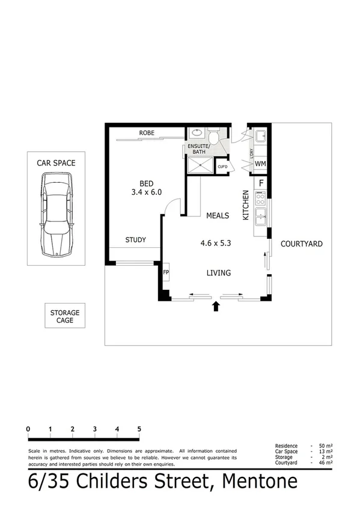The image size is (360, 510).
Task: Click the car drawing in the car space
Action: [x=56, y=214]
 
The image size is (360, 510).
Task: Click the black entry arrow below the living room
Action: [x=216, y=308]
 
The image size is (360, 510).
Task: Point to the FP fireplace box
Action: [x=166, y=272]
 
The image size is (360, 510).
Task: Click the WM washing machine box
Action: [x=260, y=164]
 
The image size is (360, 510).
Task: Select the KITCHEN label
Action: [x=246, y=204]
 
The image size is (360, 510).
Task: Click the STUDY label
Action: [x=135, y=240]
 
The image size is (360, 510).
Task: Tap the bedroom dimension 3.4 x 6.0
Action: [x=147, y=192]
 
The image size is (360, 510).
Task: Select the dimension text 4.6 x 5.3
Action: [x=216, y=244]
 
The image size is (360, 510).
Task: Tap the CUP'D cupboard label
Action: [x=222, y=167]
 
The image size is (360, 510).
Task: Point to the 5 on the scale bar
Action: [x=139, y=429]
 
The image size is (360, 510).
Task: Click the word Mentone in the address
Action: [x=260, y=482]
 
